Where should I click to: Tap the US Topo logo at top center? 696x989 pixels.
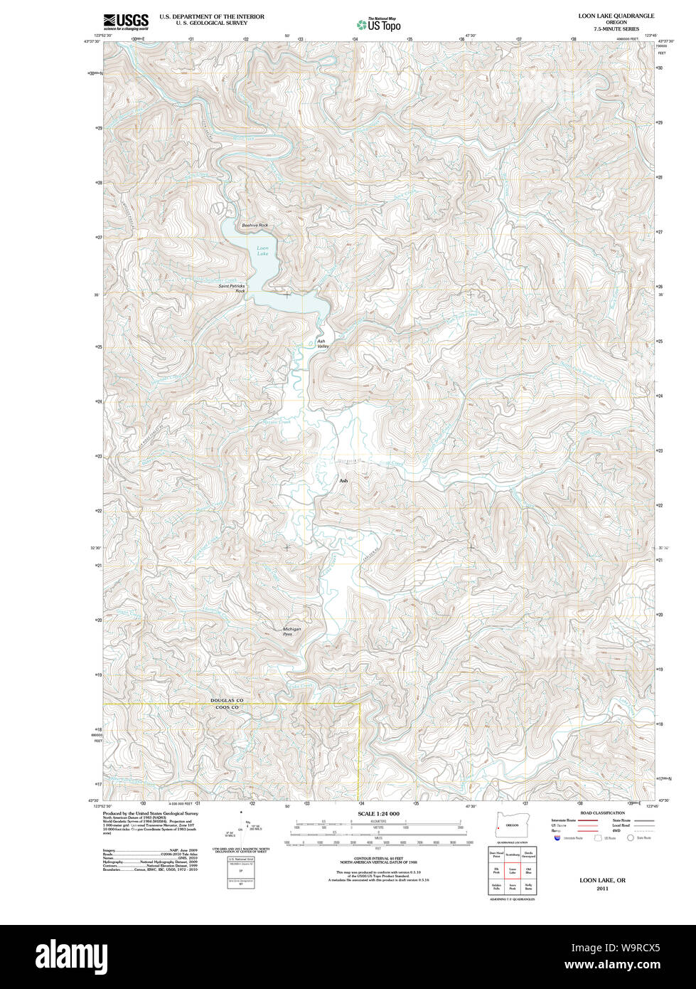point(379,24)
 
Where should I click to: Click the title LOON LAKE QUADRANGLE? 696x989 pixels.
point(616,16)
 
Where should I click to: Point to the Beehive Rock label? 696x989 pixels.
point(255,226)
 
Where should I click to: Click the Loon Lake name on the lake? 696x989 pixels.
point(263,250)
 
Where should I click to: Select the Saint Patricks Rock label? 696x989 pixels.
point(232,288)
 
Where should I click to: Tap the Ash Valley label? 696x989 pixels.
point(322,344)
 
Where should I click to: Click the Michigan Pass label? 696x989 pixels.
point(291,631)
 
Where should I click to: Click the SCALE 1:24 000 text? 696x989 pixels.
point(378,813)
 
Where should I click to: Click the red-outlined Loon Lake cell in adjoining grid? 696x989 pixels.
point(512,871)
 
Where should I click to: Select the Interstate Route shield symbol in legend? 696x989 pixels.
point(557,838)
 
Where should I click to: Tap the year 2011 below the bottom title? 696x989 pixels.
point(602,889)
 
